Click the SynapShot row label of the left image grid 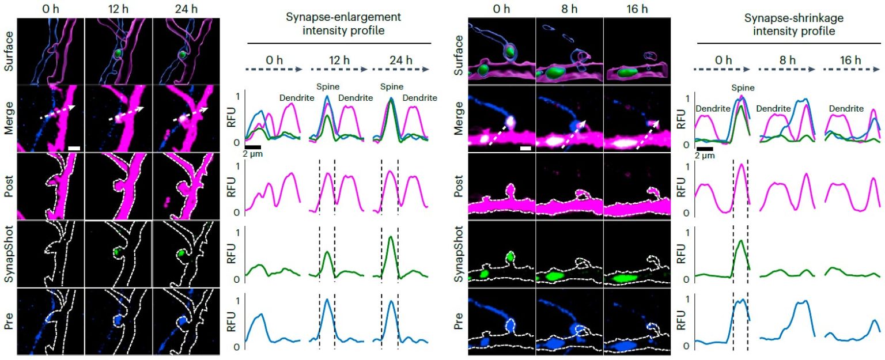point(7,253)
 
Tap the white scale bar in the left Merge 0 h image point(74,148)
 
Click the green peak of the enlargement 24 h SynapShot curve point(390,237)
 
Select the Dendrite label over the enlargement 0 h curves point(296,97)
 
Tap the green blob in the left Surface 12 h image point(118,53)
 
